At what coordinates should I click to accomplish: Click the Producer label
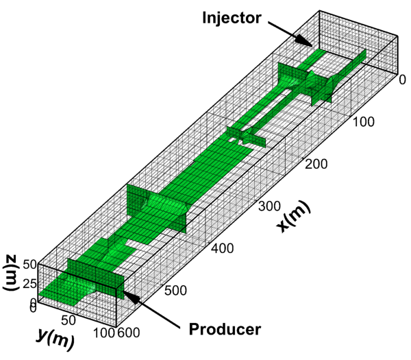coord(225,330)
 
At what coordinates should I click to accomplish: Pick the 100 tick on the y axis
coord(103,334)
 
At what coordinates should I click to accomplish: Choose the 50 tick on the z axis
coord(29,264)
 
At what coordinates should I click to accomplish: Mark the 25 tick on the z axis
coord(29,283)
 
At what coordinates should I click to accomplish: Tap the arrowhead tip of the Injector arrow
coord(310,45)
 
